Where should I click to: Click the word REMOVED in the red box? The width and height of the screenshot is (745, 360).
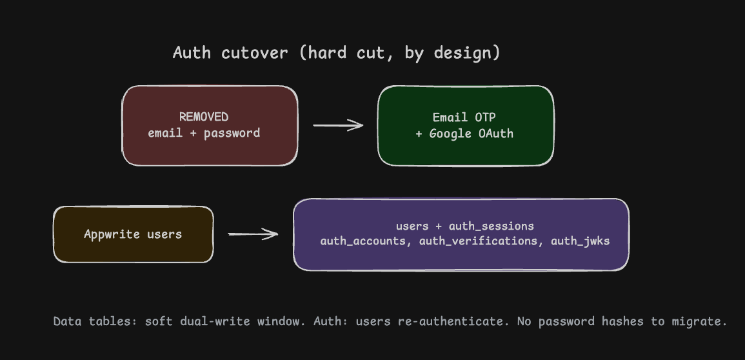(204, 117)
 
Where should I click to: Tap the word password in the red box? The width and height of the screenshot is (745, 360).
(232, 134)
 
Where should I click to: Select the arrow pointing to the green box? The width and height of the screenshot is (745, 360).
(338, 125)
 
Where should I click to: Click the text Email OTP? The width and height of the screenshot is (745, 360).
(464, 117)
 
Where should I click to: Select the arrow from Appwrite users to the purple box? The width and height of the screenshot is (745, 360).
(253, 234)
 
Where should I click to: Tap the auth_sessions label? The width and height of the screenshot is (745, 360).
(492, 226)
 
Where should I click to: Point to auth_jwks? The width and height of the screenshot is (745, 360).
(580, 241)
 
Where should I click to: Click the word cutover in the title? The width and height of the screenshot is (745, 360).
(254, 53)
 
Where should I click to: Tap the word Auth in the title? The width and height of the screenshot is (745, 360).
(192, 52)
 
